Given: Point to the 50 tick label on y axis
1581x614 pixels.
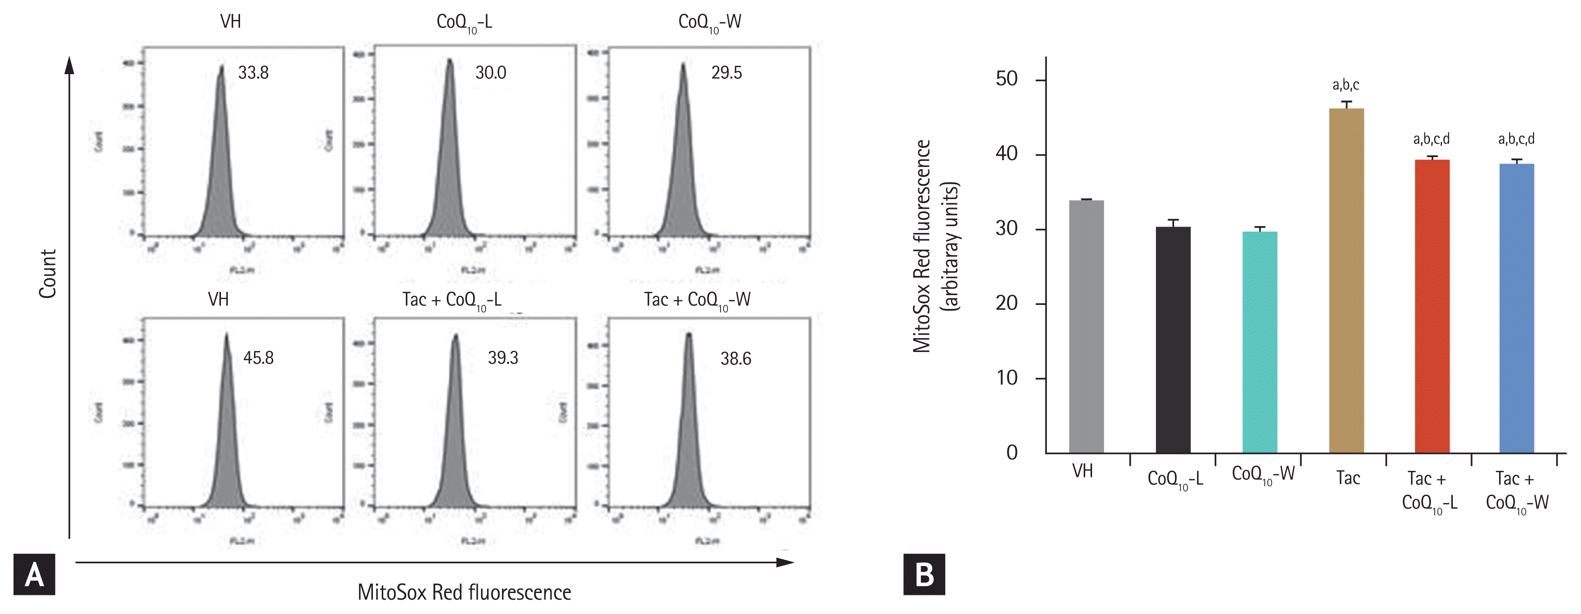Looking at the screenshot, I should [x=1007, y=79].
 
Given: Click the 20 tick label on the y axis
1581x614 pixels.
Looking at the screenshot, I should [x=1007, y=304].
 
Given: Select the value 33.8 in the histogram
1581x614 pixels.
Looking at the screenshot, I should [x=254, y=73].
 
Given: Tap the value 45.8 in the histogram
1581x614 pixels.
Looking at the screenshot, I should [x=258, y=358].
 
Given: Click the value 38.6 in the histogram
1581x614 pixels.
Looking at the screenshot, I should [x=735, y=359].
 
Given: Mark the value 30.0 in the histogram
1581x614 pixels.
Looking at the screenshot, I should [x=490, y=73].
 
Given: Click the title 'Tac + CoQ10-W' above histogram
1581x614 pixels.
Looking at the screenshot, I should [x=697, y=300].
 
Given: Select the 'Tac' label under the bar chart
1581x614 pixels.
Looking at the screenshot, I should [x=1348, y=478].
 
